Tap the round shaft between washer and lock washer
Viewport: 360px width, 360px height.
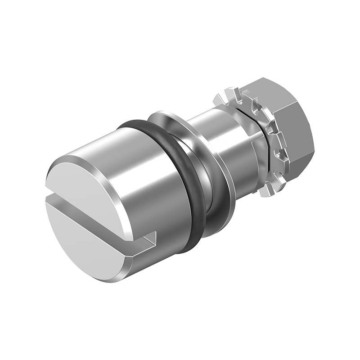click(x=220, y=144)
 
